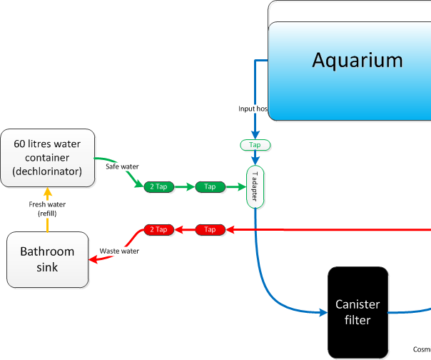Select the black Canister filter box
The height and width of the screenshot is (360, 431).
coord(358,312)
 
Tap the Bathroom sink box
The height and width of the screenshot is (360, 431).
coord(47,259)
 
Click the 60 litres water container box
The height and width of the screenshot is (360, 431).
coord(47,158)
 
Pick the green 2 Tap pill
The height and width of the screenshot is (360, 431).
coord(158,186)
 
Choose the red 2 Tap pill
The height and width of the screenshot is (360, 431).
coord(158,229)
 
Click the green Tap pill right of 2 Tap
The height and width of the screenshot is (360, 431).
coord(210,186)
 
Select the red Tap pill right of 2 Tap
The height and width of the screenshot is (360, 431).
coord(210,229)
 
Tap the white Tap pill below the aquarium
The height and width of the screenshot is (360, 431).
coord(255,144)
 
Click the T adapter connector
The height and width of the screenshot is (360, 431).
coord(255,186)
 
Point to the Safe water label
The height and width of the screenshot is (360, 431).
coord(122,166)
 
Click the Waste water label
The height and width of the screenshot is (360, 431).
coord(119,251)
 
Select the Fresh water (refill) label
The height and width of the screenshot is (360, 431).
coord(47,209)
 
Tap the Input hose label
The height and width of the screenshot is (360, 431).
coord(253,109)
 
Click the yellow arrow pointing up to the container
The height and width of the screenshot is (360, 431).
coord(47,193)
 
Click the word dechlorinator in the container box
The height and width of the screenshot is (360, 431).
coord(47,171)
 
